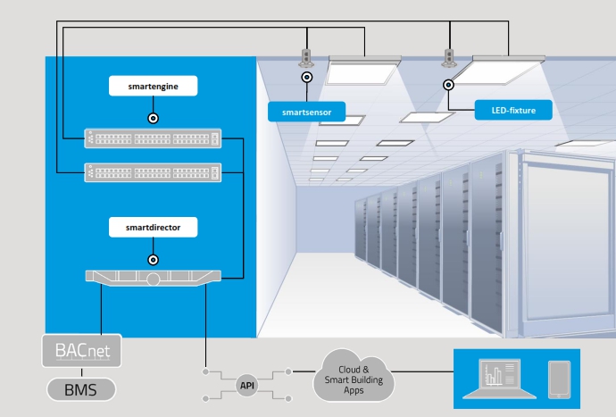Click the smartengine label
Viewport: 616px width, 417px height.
(x=152, y=87)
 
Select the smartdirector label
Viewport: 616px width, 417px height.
(x=152, y=228)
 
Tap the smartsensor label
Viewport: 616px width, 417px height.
(x=305, y=112)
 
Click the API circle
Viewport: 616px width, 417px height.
(x=247, y=385)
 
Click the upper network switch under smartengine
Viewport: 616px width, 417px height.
(x=152, y=139)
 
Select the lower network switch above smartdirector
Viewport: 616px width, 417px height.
(x=152, y=171)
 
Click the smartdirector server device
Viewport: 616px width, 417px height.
(x=152, y=278)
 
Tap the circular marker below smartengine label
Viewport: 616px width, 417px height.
(x=153, y=116)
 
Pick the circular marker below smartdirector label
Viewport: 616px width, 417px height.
(x=153, y=259)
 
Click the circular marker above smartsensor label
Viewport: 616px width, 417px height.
(x=306, y=78)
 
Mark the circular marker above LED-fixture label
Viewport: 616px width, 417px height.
(x=449, y=85)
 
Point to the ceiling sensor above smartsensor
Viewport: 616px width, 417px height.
(x=305, y=59)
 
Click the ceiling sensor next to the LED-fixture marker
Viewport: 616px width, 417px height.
(x=448, y=59)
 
